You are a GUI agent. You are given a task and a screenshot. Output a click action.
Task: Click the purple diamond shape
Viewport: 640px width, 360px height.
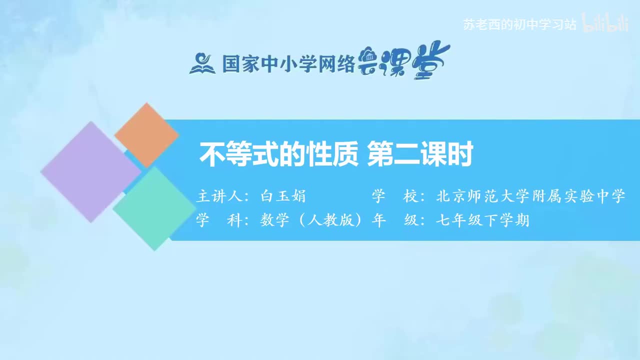click(x=90, y=171)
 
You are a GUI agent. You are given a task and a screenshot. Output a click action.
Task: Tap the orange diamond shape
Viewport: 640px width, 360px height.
click(x=146, y=135)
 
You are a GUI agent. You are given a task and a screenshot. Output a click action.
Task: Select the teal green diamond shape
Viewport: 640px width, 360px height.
click(x=154, y=208)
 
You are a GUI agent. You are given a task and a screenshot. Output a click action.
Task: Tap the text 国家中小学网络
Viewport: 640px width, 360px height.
click(x=288, y=64)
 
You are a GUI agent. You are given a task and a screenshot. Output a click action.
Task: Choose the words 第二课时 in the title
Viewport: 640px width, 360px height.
click(x=420, y=154)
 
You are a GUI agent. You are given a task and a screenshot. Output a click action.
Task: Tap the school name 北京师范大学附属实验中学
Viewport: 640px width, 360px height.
click(x=531, y=196)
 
